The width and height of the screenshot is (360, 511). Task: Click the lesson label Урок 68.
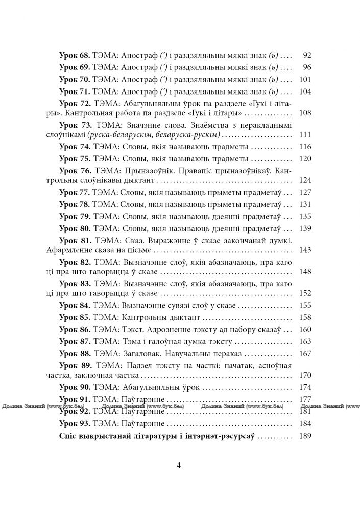75,55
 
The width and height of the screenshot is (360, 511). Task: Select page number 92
306,55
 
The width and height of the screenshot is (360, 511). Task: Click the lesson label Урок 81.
75,240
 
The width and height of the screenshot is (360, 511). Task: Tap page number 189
304,437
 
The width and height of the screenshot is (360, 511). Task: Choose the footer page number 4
179,465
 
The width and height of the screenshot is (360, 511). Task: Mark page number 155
304,306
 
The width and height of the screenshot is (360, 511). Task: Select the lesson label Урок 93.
75,423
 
